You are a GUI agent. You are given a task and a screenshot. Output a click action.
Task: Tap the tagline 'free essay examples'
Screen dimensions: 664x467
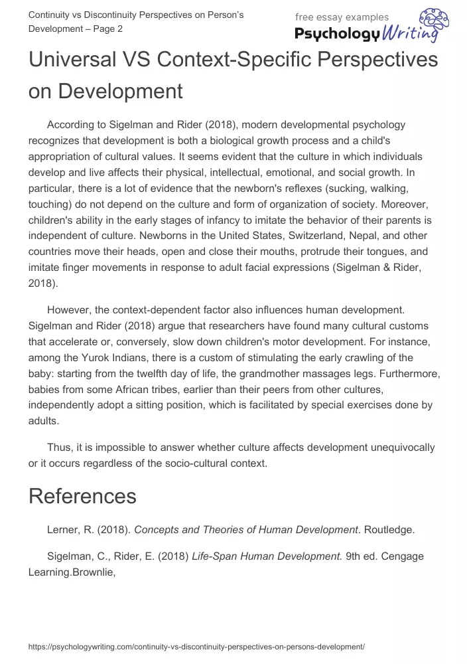coord(342,17)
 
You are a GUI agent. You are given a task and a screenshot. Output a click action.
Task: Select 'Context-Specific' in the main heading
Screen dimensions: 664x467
coord(239,60)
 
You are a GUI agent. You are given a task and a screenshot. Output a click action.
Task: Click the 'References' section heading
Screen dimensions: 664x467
coord(82,496)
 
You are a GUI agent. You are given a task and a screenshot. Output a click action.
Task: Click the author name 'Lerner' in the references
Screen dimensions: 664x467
coord(64,529)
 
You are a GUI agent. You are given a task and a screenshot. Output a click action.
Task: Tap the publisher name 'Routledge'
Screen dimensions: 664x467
coord(391,529)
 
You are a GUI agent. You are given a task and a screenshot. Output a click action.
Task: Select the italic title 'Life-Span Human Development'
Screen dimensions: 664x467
coord(267,556)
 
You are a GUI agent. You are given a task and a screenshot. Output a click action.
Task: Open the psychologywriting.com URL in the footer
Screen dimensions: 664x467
coord(197,646)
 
